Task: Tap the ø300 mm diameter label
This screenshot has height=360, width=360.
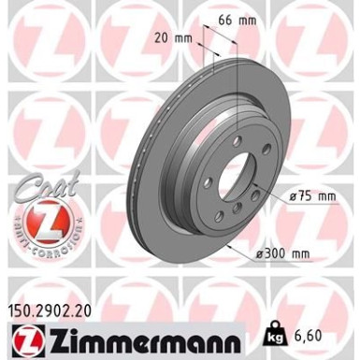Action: tap(285, 252)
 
